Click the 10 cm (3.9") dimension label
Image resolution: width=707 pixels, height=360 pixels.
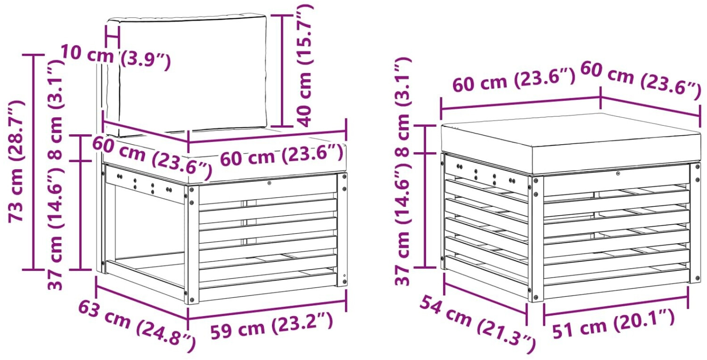click(x=115, y=57)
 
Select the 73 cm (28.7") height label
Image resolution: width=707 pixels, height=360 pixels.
click(x=16, y=161)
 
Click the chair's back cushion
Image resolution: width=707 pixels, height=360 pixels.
click(x=187, y=76)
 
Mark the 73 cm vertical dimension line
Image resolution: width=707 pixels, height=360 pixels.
click(x=33, y=162)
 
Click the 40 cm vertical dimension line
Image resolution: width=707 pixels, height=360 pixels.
click(x=282, y=71)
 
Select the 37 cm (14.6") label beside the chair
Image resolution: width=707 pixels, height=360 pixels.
click(x=56, y=229)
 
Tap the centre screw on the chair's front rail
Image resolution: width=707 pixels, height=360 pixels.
click(x=269, y=183)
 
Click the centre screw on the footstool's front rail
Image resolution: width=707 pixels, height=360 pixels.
click(x=617, y=173)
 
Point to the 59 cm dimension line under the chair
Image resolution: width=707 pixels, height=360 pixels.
click(x=267, y=310)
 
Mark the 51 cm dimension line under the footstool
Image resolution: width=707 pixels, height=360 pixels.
click(x=616, y=306)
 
